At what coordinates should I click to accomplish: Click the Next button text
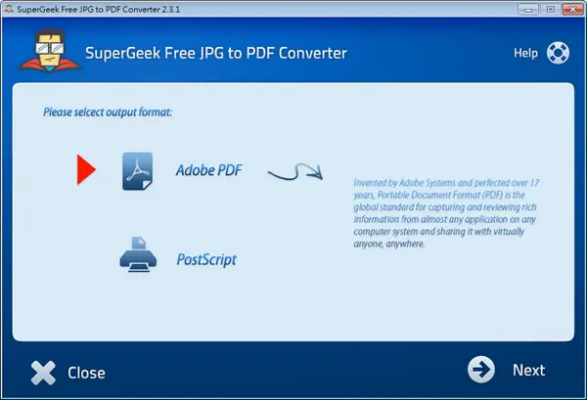pyautogui.click(x=528, y=370)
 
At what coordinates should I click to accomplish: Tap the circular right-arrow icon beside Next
pyautogui.click(x=481, y=370)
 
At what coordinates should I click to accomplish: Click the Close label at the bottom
pyautogui.click(x=86, y=373)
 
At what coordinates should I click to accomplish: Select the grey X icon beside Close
pyautogui.click(x=43, y=373)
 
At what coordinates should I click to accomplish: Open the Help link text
pyautogui.click(x=525, y=53)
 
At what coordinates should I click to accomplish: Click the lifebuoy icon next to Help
pyautogui.click(x=558, y=53)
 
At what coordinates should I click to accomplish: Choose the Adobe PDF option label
pyautogui.click(x=209, y=170)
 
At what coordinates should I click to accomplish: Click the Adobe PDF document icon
pyautogui.click(x=137, y=171)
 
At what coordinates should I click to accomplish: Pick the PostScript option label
pyautogui.click(x=206, y=260)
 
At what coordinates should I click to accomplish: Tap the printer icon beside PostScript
pyautogui.click(x=138, y=254)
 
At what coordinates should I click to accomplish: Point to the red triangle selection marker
pyautogui.click(x=86, y=169)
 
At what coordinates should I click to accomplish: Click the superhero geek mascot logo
pyautogui.click(x=49, y=51)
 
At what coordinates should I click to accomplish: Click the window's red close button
pyautogui.click(x=572, y=9)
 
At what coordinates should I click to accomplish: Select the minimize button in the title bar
pyautogui.click(x=528, y=9)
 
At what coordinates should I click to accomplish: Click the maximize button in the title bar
pyautogui.click(x=551, y=9)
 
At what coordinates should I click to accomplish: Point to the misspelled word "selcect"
pyautogui.click(x=89, y=111)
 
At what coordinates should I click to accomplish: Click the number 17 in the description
pyautogui.click(x=534, y=183)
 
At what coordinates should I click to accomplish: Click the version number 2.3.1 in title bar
pyautogui.click(x=171, y=10)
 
